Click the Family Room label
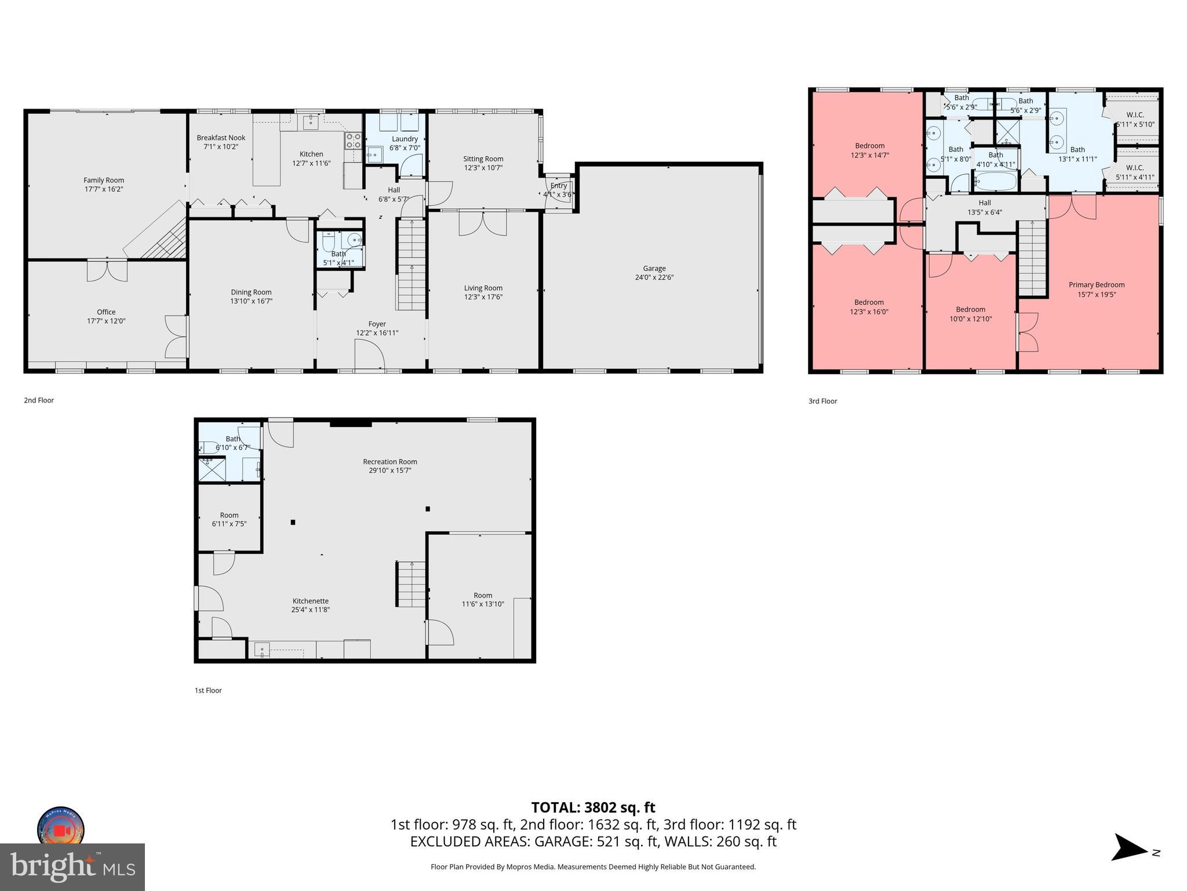pyautogui.click(x=104, y=180)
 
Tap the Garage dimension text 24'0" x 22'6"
pyautogui.click(x=654, y=277)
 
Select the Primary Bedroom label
pyautogui.click(x=1096, y=285)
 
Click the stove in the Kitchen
pyautogui.click(x=353, y=140)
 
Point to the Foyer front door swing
pyautogui.click(x=369, y=353)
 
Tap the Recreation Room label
pyautogui.click(x=389, y=462)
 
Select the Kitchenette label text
pyautogui.click(x=310, y=601)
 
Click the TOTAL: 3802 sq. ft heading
pyautogui.click(x=593, y=807)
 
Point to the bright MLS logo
pyautogui.click(x=72, y=867)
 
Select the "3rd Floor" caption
pyautogui.click(x=822, y=401)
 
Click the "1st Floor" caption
pyautogui.click(x=208, y=690)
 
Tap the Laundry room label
pyautogui.click(x=404, y=139)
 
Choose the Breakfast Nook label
pyautogui.click(x=221, y=138)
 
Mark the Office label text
pyautogui.click(x=106, y=312)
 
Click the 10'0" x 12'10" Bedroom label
pyautogui.click(x=970, y=310)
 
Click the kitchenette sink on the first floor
pyautogui.click(x=263, y=650)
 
